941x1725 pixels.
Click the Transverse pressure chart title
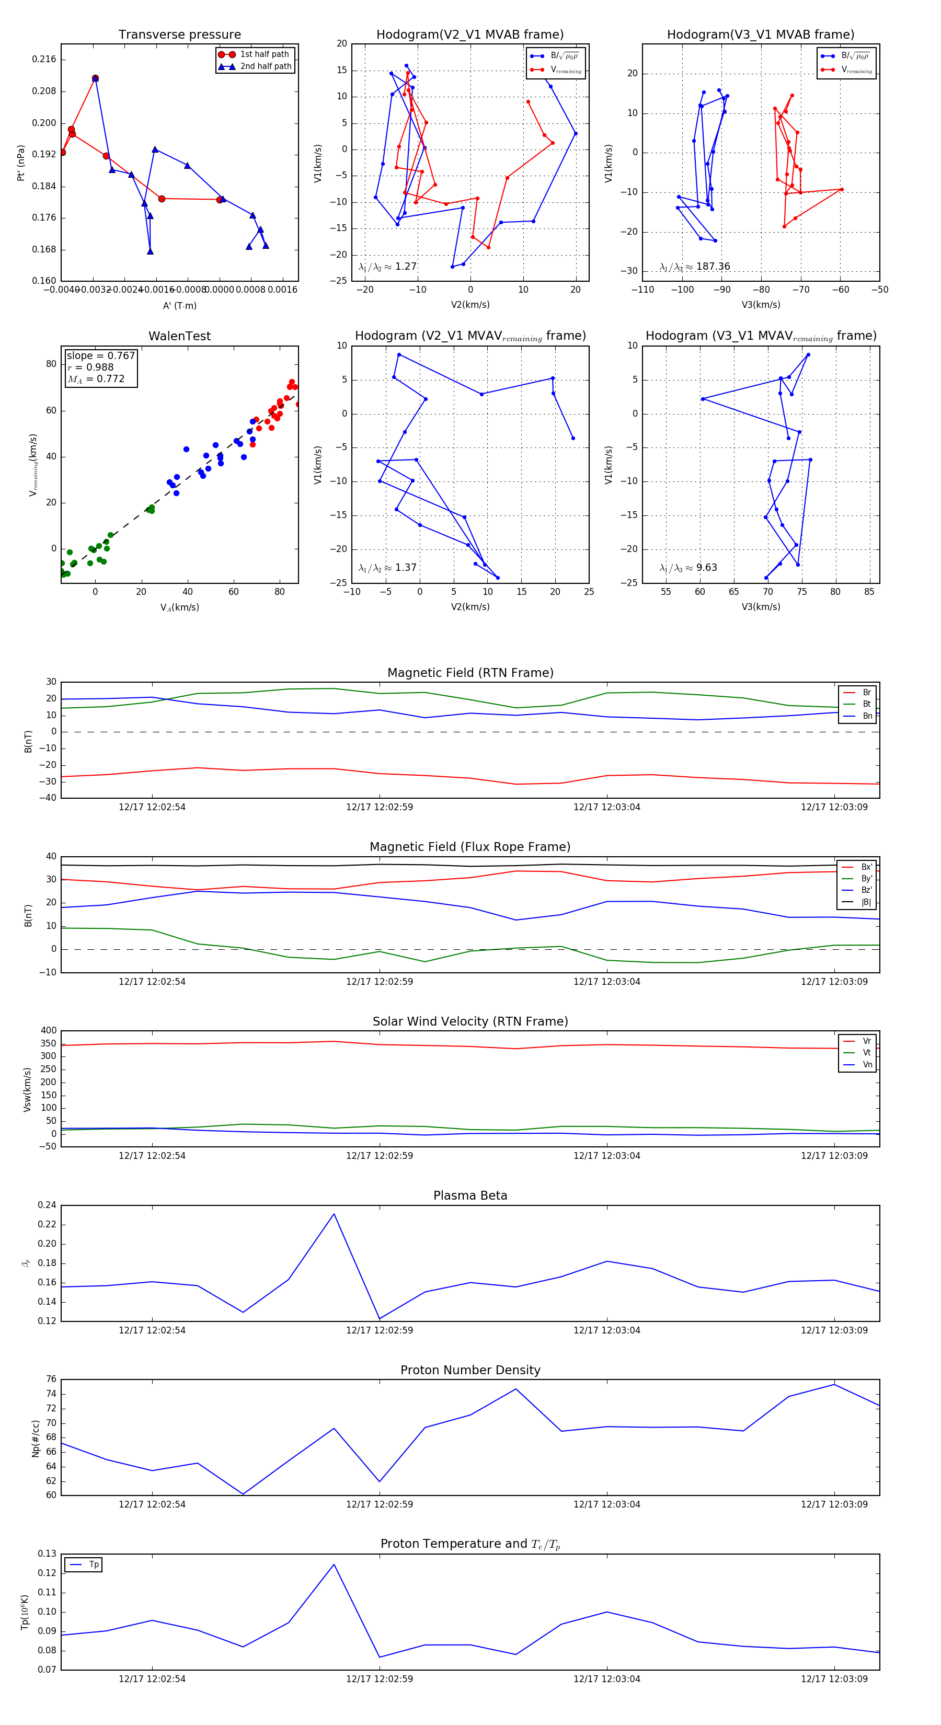tap(179, 35)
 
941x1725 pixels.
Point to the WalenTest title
tap(179, 336)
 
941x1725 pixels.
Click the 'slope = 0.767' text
tap(100, 355)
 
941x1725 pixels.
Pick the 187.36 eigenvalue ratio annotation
tap(695, 267)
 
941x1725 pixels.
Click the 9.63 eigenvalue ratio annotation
tap(688, 568)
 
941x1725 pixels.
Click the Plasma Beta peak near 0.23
tap(334, 1215)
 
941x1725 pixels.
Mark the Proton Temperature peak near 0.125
tap(334, 1565)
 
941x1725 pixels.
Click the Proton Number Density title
tap(470, 1370)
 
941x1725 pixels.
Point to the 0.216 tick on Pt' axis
tap(44, 60)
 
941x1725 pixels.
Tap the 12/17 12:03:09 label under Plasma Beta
tap(834, 1330)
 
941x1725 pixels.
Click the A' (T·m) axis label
tap(179, 305)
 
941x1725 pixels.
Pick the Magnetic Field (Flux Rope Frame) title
tap(470, 847)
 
